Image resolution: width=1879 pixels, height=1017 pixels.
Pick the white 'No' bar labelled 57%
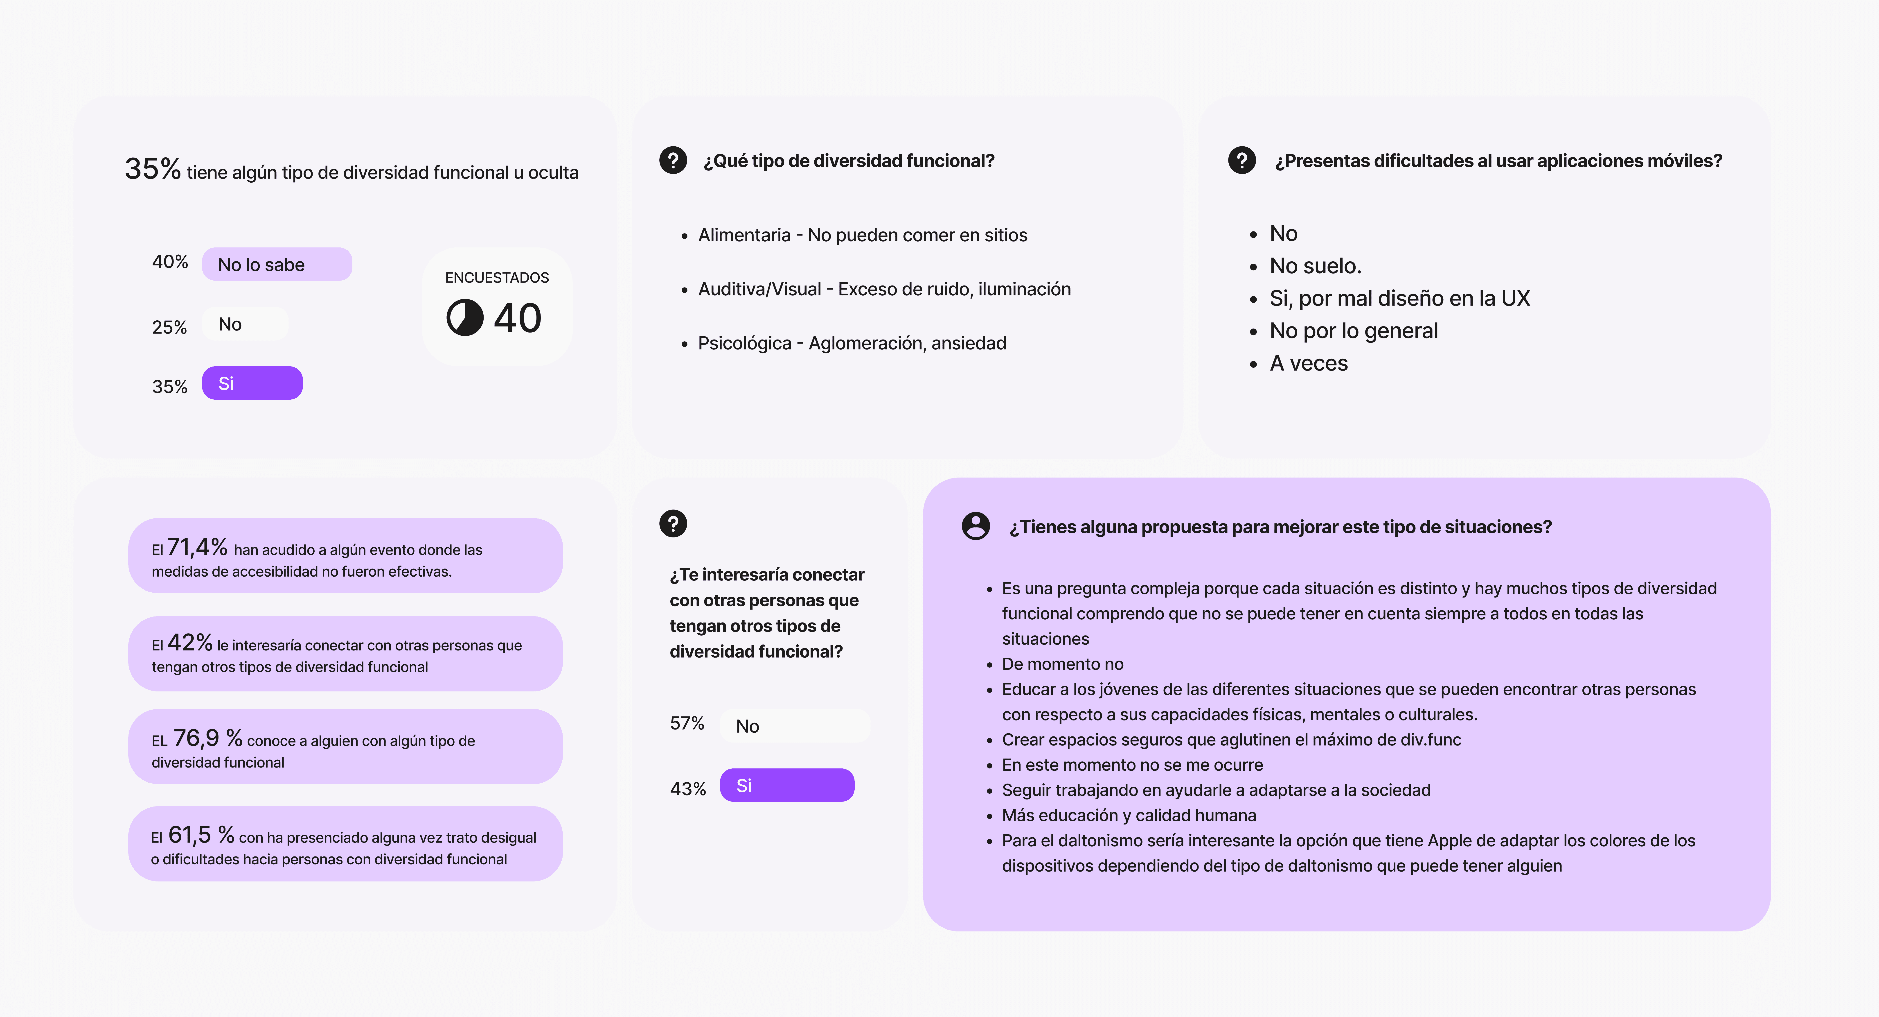coord(794,726)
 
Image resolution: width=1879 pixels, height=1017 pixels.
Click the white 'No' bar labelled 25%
coord(245,324)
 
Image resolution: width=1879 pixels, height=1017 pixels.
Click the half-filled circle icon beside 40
coord(465,317)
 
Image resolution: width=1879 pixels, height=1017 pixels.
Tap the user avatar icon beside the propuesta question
coord(975,525)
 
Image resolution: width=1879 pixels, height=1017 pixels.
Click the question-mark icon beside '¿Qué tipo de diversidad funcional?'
coord(673,160)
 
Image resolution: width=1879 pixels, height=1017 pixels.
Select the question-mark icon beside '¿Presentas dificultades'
coord(1241,160)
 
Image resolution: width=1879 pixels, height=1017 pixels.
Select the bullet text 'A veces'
coord(1309,363)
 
